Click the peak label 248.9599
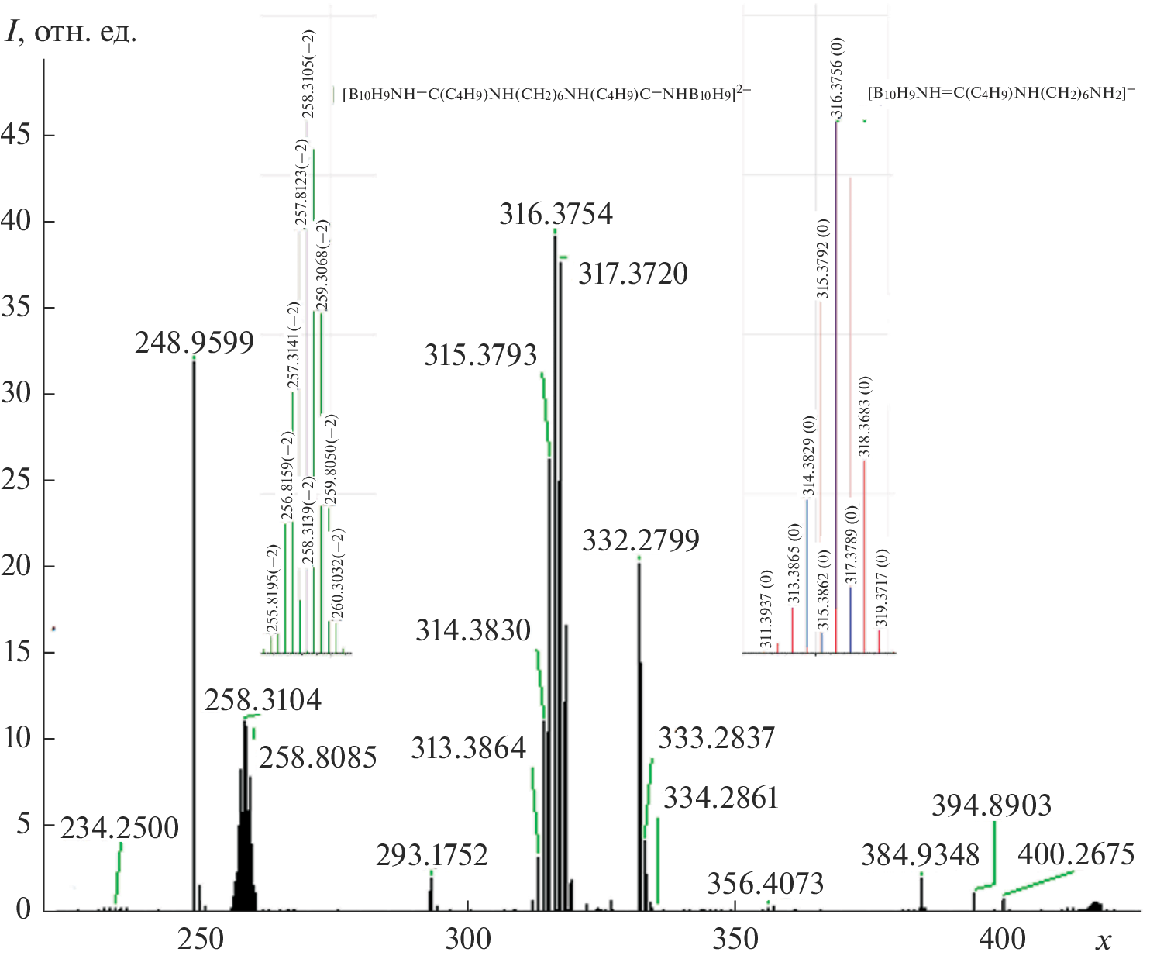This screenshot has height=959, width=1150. pos(195,342)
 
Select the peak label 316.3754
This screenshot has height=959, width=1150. pos(556,214)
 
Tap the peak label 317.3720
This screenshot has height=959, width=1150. pos(633,274)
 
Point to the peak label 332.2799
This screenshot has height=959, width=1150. pos(641,540)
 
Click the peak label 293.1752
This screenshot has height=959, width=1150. pos(432,855)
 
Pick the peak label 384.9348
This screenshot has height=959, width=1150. pos(921,856)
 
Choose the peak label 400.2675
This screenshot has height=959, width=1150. pos(1076,854)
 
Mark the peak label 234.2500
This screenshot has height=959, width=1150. pos(120,828)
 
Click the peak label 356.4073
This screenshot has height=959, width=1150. pos(765,883)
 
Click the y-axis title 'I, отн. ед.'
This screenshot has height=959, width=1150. pos(71,33)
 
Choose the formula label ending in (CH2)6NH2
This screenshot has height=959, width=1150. pos(1002,93)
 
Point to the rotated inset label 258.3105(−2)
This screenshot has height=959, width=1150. pos(308,73)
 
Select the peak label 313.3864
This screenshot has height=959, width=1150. pos(468,748)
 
